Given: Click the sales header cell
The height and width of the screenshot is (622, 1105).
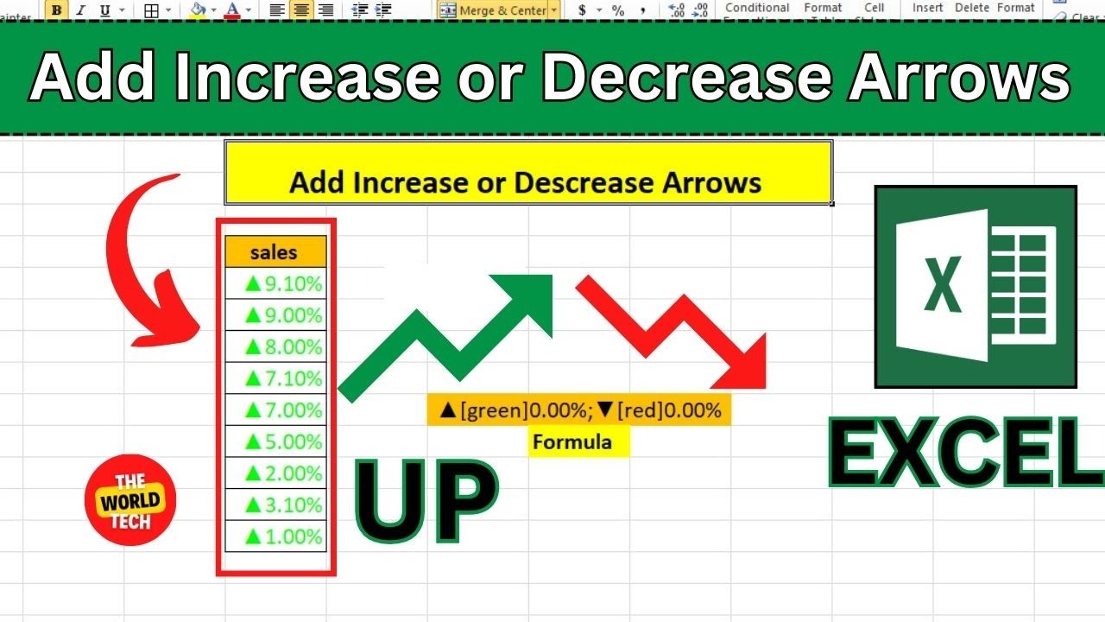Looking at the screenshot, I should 275,252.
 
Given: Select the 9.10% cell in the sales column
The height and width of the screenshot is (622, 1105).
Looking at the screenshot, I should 283,283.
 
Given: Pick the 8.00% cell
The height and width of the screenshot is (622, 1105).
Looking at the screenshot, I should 283,346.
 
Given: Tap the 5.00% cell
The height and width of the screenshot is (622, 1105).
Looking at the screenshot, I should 283,441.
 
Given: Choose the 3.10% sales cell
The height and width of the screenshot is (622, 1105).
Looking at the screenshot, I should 283,505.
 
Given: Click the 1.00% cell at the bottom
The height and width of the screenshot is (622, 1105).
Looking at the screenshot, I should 283,536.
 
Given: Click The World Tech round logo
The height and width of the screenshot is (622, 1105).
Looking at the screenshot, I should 130,500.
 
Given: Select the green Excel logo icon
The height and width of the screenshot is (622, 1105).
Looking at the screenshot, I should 976,286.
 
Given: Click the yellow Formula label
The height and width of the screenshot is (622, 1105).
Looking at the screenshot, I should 571,442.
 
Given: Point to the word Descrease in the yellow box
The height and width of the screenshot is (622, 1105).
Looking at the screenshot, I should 584,182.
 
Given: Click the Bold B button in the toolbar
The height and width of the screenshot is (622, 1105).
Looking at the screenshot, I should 57,10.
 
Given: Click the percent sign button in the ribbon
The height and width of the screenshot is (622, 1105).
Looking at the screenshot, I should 618,10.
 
